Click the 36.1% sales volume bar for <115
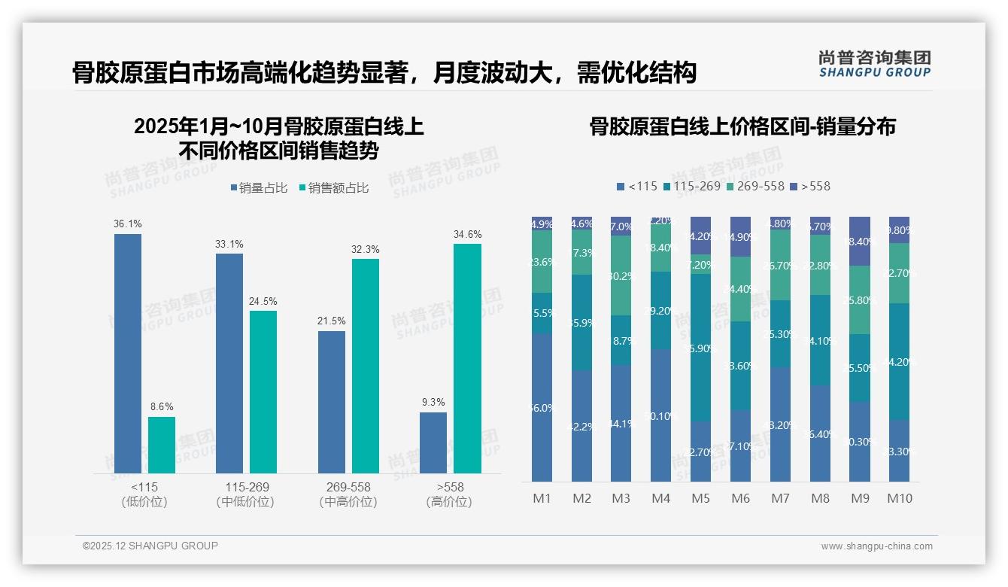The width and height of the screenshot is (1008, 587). point(128,353)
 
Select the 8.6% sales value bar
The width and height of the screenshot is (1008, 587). point(162,445)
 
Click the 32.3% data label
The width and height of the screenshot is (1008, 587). point(366,249)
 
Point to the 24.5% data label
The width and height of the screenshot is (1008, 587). point(263,301)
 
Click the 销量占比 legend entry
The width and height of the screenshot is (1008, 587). point(259,188)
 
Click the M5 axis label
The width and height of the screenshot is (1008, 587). point(700,498)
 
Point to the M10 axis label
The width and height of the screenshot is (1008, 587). point(899,498)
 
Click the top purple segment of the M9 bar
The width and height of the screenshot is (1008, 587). point(860,241)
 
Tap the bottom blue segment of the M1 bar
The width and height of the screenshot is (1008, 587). point(542,407)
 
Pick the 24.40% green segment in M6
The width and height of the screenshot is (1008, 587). point(740,289)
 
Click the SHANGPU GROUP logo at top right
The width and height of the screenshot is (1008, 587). point(874,64)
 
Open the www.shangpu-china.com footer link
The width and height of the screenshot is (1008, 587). point(876,546)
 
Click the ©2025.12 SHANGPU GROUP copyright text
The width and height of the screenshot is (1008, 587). point(150,546)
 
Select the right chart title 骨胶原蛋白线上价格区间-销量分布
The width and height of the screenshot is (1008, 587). point(742,127)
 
